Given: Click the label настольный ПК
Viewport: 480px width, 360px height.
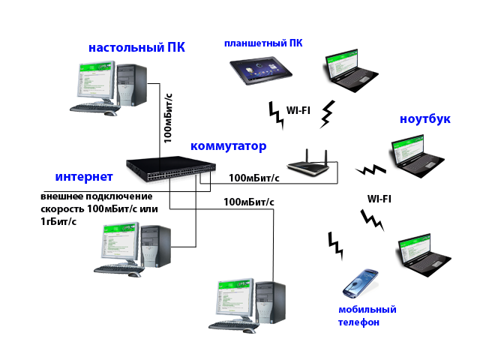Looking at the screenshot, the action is tap(136, 48).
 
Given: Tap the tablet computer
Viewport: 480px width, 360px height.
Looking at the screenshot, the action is tap(261, 70).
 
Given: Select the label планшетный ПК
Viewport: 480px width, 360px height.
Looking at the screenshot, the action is tap(263, 43).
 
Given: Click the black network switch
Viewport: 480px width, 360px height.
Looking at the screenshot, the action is tap(171, 169).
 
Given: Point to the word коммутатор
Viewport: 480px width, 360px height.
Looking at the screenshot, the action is tap(228, 146).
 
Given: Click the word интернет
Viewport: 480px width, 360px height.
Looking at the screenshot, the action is tap(84, 177).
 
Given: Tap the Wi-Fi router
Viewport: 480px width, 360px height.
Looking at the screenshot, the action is tap(308, 163).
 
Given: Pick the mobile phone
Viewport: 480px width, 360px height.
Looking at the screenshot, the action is tap(360, 283).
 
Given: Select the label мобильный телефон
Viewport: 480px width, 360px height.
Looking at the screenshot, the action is tap(367, 316).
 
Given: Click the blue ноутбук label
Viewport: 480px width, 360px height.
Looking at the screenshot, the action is tap(425, 119).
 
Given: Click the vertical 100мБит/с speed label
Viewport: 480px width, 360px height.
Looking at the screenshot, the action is tap(168, 118).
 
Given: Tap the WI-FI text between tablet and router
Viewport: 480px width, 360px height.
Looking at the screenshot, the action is tap(298, 110).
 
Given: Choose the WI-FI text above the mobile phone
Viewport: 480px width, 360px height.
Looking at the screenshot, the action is tap(379, 199).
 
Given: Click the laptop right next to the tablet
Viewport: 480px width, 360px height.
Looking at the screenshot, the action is tap(351, 70).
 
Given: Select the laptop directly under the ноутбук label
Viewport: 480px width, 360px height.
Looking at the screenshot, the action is tap(417, 156).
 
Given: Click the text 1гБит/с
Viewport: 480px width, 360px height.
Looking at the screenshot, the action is tap(58, 221).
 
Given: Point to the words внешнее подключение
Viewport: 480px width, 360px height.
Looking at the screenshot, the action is tap(97, 196).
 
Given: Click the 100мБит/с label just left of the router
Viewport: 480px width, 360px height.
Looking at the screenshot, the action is tap(254, 178).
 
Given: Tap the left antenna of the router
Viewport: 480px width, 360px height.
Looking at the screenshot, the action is tap(307, 155).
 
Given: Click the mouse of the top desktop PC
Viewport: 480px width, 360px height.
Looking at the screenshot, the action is tap(110, 113).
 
